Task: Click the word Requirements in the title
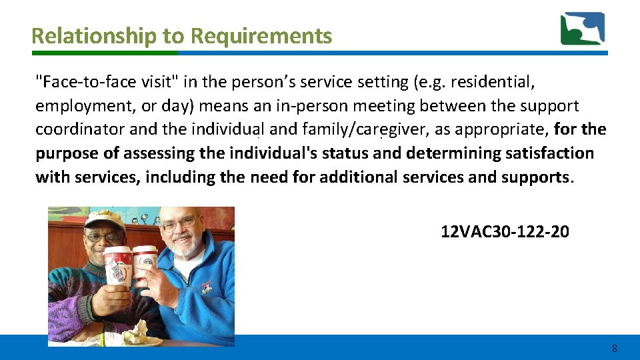click(x=261, y=36)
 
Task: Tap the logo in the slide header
click(x=582, y=29)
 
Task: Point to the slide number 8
click(x=614, y=349)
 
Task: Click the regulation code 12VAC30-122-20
click(x=505, y=232)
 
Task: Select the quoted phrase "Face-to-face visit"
click(x=107, y=82)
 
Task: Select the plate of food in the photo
click(x=143, y=336)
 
